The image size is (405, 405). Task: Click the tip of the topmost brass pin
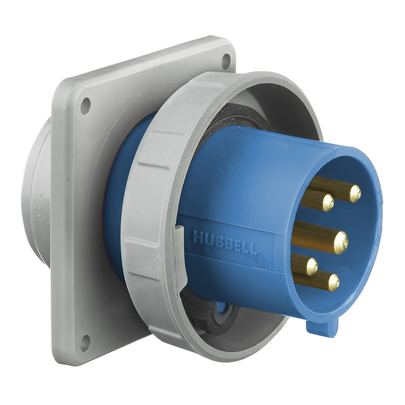355,193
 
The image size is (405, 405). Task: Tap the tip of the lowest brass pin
333,282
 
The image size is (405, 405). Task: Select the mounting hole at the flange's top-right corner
226,61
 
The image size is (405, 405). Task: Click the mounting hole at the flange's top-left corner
85,106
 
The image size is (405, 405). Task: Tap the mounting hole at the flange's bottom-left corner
85,343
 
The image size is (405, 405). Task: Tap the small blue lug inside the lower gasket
221,308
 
